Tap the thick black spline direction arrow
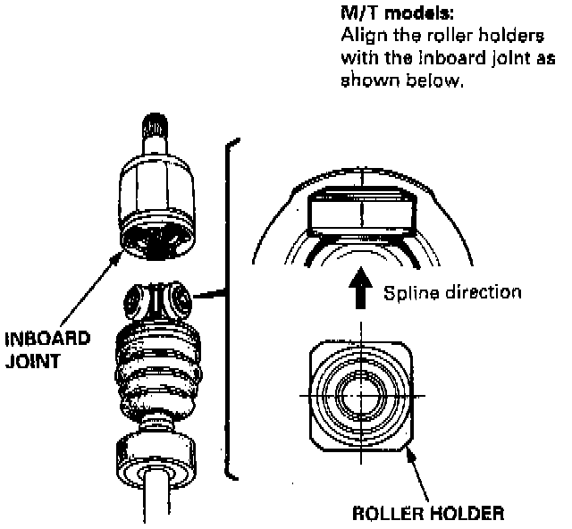point(362,290)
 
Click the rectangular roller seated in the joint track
point(361,212)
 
